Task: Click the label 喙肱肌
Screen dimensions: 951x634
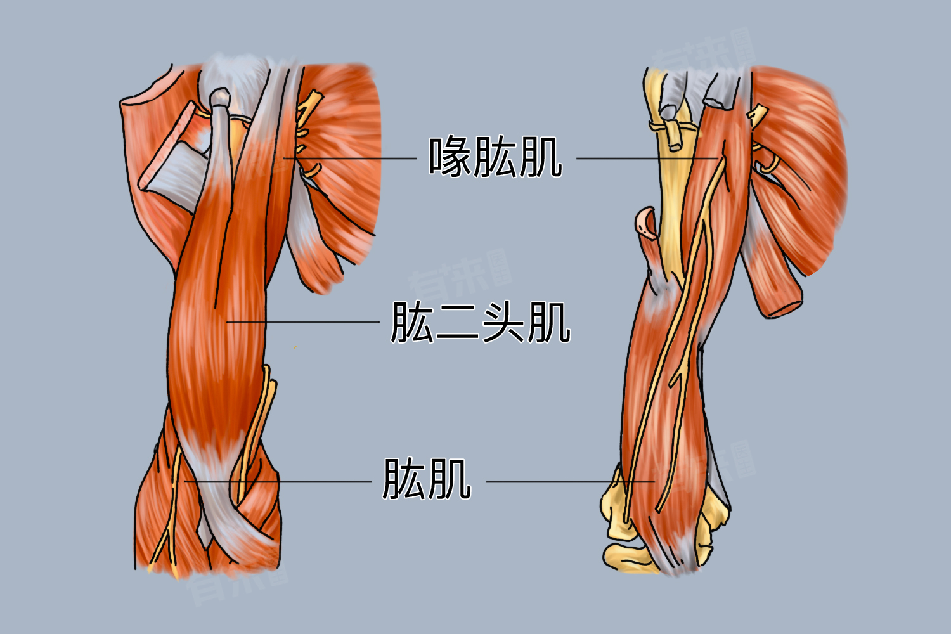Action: [x=495, y=157]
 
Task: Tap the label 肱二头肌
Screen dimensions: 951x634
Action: [x=480, y=322]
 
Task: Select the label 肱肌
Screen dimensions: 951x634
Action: [x=427, y=479]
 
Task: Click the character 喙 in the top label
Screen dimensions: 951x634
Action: [x=450, y=157]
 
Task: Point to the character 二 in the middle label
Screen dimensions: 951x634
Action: [x=458, y=323]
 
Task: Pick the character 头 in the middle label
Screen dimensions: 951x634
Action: [x=503, y=322]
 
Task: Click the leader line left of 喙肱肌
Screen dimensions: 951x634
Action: [x=350, y=158]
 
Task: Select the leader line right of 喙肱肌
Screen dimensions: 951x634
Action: [x=647, y=158]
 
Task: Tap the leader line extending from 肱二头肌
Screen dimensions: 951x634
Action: [x=302, y=322]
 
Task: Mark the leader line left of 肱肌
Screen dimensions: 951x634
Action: [x=278, y=482]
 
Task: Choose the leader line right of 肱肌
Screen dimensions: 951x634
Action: [x=570, y=482]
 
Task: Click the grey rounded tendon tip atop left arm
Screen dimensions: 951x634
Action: [x=220, y=97]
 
